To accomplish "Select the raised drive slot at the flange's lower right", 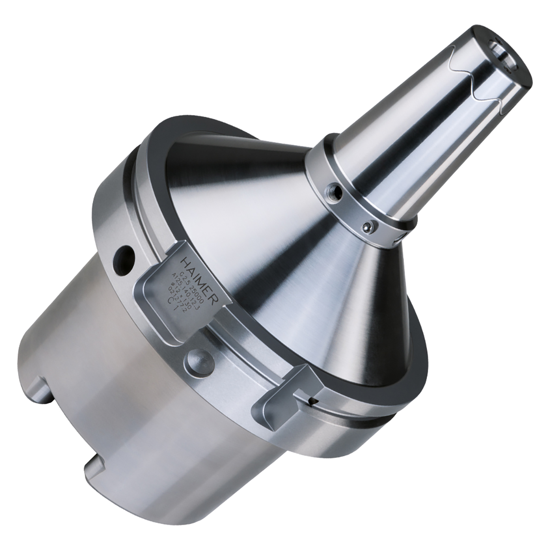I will pyautogui.click(x=287, y=388).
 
